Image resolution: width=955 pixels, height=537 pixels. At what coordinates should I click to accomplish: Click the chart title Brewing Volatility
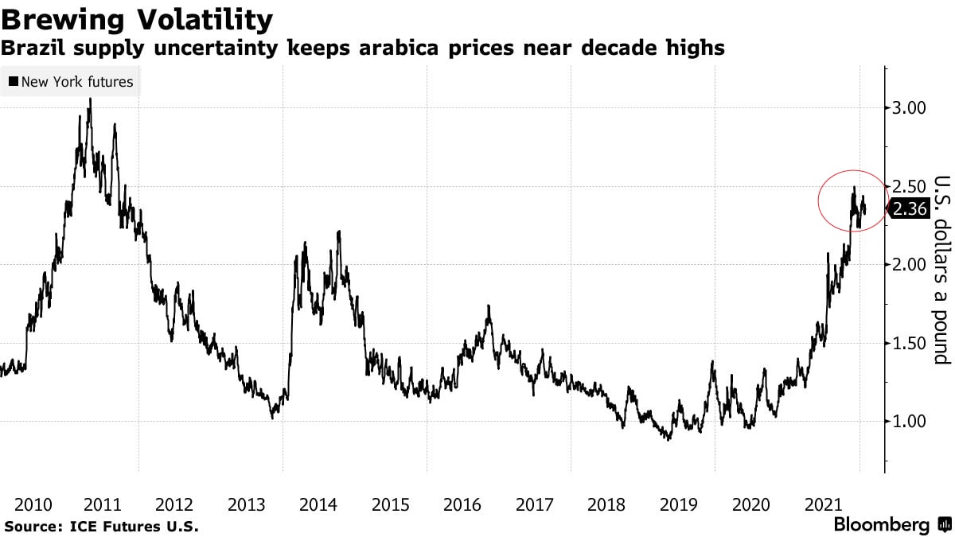click(x=137, y=19)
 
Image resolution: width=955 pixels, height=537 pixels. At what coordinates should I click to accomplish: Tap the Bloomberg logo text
click(x=881, y=525)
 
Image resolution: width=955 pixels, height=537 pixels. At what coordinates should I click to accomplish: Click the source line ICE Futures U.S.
click(x=101, y=526)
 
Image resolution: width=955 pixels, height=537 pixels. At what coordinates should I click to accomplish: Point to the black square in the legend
click(x=14, y=82)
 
